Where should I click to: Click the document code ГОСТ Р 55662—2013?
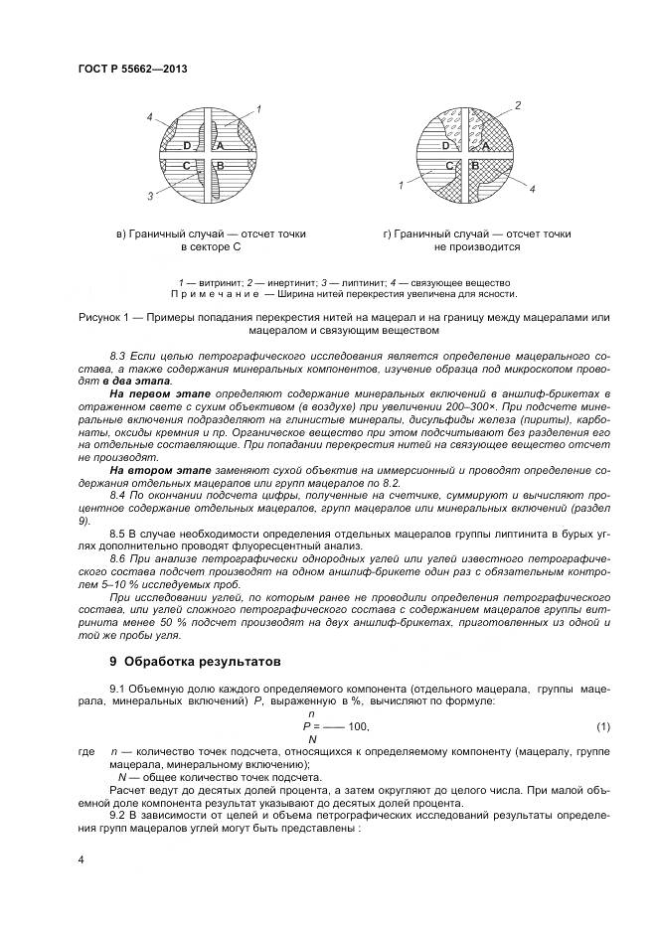tap(132, 69)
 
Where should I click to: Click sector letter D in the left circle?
tap(187, 147)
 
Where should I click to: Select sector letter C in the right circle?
tap(449, 165)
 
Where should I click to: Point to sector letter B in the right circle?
tap(475, 165)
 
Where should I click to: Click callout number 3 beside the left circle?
tap(151, 196)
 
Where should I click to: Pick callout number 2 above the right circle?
tap(518, 105)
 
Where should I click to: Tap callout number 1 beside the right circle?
tap(400, 185)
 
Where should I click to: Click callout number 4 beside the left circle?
tap(150, 118)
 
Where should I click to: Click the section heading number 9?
tap(113, 660)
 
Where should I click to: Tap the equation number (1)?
tap(602, 726)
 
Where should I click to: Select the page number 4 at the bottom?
tap(80, 855)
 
